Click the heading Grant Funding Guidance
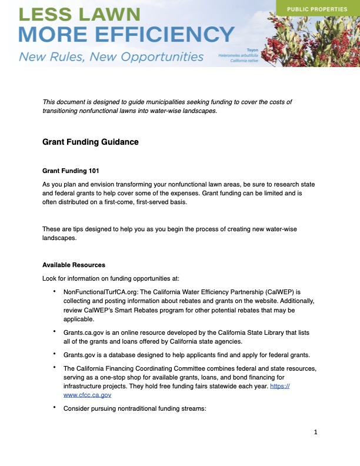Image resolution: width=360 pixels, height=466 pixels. tap(90, 142)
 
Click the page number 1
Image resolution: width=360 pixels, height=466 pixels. tap(316, 432)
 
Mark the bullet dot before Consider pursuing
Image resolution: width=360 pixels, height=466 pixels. tap(54, 408)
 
